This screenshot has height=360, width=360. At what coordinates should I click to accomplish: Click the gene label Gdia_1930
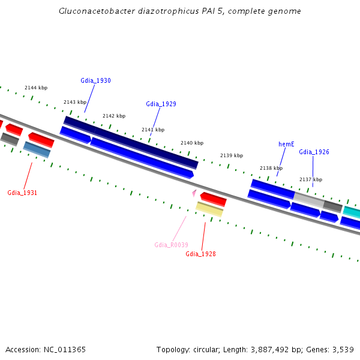tap(95, 80)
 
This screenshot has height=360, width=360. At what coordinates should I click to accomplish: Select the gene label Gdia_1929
tap(161, 104)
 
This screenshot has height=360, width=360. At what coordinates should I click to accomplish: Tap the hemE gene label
tap(286, 144)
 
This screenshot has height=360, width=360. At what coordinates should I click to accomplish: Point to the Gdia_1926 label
tap(314, 152)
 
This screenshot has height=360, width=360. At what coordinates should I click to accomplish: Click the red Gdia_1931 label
tap(22, 193)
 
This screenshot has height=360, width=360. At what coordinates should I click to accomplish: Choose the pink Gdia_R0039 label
tap(171, 245)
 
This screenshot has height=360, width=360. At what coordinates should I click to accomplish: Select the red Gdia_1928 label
tap(200, 254)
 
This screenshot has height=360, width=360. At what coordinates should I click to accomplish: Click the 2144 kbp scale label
tap(36, 88)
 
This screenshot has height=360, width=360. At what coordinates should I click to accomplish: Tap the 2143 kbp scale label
tap(75, 102)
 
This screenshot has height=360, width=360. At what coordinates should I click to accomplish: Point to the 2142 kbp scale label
tap(114, 116)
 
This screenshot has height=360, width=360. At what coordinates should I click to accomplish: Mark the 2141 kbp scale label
tap(152, 130)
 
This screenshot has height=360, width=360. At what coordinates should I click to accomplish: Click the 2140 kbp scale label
tap(192, 143)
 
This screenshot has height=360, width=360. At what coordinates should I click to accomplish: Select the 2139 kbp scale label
tap(232, 155)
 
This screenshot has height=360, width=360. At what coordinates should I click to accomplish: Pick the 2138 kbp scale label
tap(271, 168)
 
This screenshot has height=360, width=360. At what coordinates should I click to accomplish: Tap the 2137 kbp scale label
tap(311, 179)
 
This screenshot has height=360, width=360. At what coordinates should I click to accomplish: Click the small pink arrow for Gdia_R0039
tap(194, 193)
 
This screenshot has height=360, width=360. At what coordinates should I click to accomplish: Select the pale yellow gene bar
tap(209, 209)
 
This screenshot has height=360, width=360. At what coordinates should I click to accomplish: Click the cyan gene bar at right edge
tap(352, 212)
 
